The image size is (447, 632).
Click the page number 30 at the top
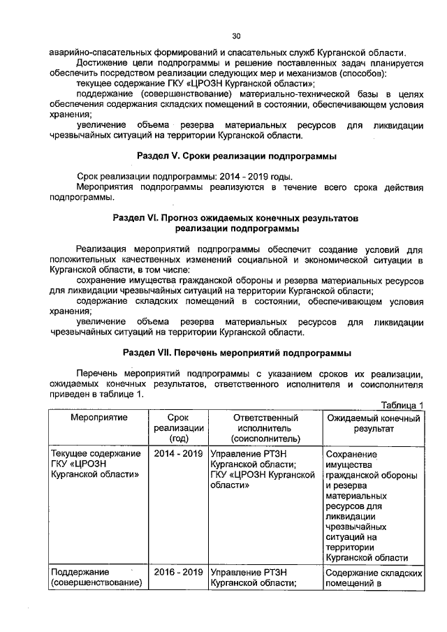[236, 37]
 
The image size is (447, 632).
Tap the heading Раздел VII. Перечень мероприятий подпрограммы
[236, 352]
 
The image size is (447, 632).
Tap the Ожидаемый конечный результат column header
[374, 422]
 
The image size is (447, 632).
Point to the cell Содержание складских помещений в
[374, 578]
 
